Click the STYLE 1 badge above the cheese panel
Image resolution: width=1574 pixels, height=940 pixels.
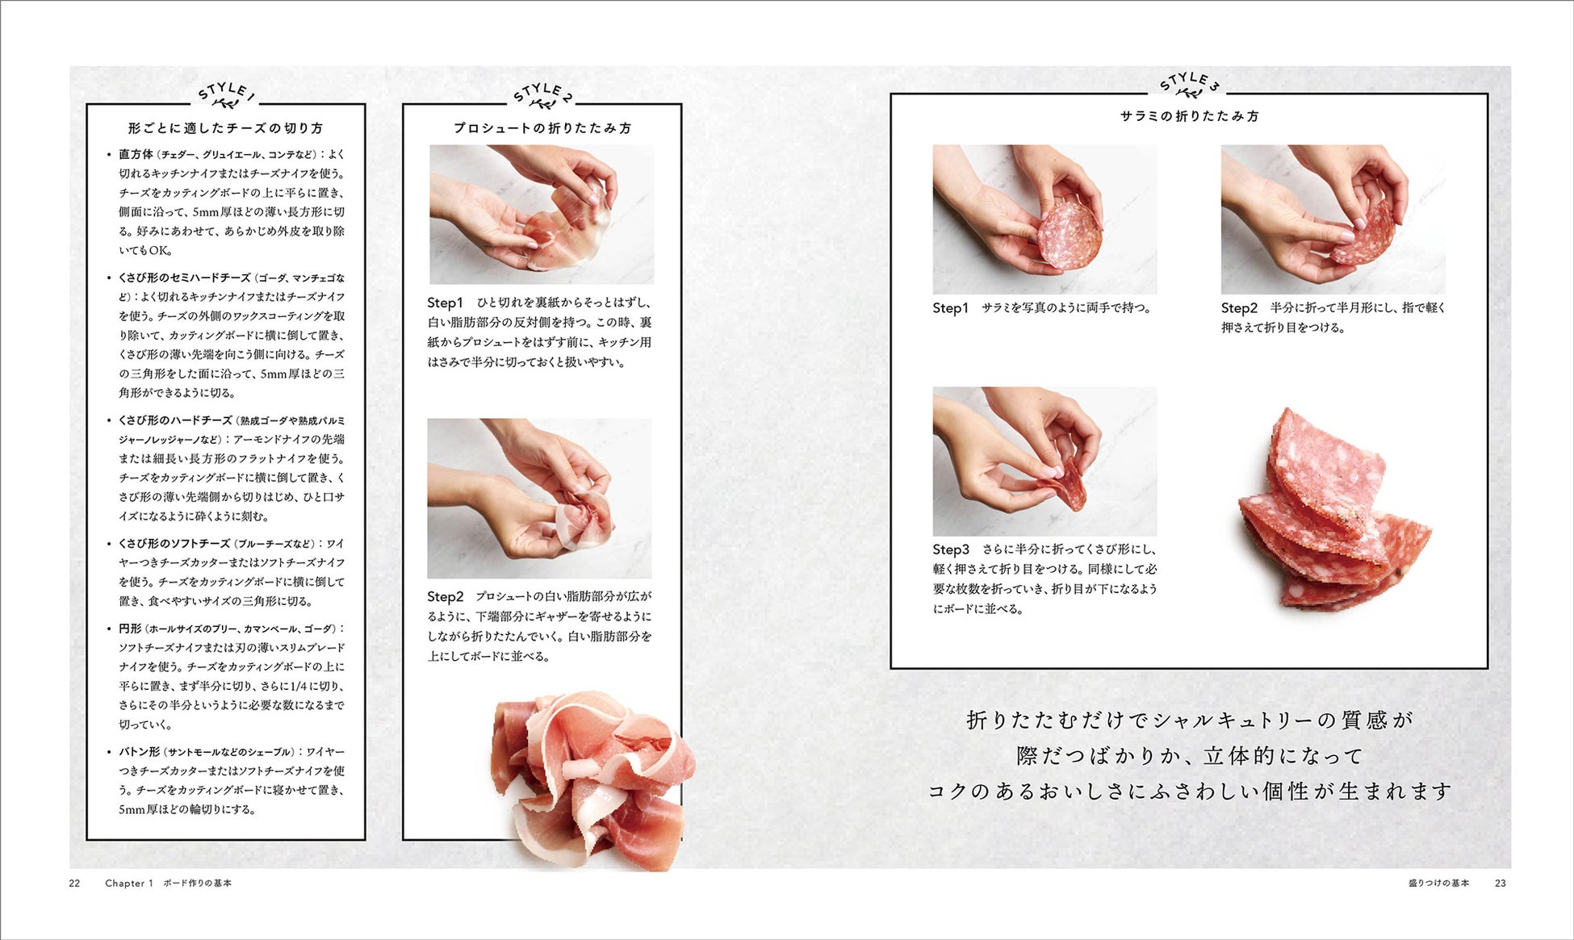tap(226, 95)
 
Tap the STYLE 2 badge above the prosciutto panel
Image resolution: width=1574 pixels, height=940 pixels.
tap(542, 95)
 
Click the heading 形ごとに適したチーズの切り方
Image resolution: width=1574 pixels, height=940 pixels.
tap(225, 128)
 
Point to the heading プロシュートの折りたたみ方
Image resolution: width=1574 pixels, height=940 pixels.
tap(542, 128)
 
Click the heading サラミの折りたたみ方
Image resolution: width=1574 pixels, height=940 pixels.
tap(1189, 116)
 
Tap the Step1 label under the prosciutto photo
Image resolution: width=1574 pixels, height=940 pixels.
tap(446, 303)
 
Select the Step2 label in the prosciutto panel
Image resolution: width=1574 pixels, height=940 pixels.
tap(446, 596)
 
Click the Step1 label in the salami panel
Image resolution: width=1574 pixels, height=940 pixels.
tap(951, 307)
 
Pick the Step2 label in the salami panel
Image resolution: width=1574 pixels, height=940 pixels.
tap(1240, 307)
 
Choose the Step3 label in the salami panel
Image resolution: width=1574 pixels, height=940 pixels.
tap(952, 549)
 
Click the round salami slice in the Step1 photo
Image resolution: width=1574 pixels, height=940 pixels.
tap(1070, 235)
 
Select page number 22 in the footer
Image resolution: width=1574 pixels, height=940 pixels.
tap(74, 884)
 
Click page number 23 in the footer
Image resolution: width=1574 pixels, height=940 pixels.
tap(1501, 884)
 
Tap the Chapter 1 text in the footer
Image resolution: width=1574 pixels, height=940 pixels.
tap(129, 884)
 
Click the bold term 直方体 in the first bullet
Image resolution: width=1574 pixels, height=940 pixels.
tap(136, 154)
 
